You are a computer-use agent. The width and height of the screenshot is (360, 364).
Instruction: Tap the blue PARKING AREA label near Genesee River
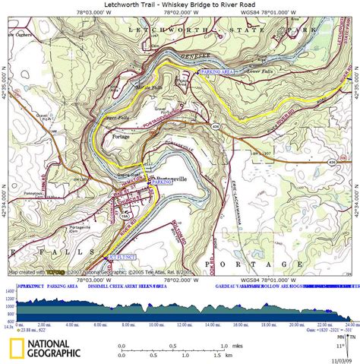(218, 71)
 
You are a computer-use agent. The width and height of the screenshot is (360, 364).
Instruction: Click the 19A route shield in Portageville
(125, 215)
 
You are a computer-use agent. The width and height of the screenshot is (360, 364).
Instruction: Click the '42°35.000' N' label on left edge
(4, 90)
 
